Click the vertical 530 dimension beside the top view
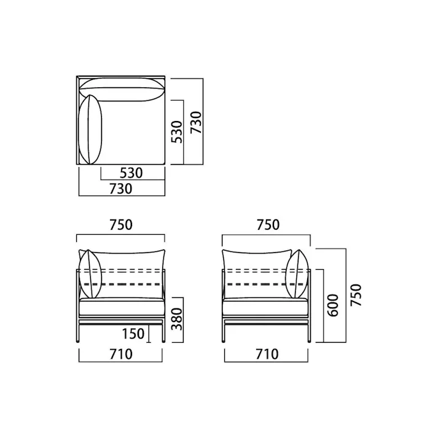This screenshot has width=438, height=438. click(x=176, y=132)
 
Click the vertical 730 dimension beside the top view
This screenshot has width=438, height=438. click(x=196, y=122)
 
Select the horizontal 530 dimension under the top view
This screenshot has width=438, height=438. click(x=131, y=173)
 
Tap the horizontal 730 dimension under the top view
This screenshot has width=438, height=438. click(x=120, y=189)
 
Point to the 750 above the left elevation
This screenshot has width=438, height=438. click(x=120, y=225)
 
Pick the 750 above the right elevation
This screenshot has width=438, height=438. click(x=268, y=225)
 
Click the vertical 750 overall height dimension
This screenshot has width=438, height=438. click(x=356, y=295)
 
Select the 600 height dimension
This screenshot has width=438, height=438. click(x=333, y=305)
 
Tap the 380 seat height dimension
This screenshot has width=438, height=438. click(x=176, y=319)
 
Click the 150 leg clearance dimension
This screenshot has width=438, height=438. click(x=133, y=334)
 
